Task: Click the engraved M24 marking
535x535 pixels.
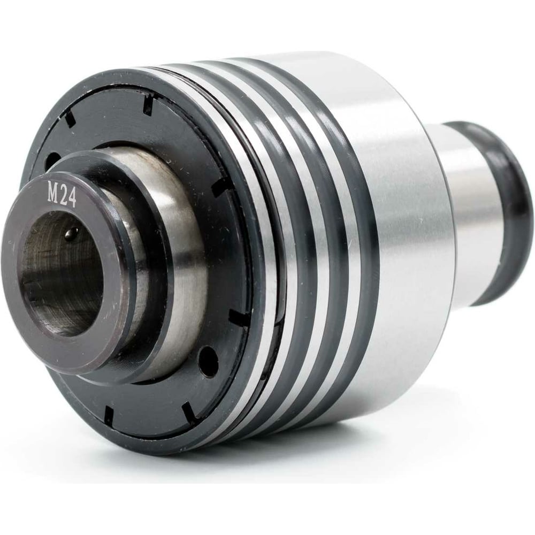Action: coord(62,195)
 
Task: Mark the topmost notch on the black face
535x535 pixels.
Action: coord(148,104)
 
